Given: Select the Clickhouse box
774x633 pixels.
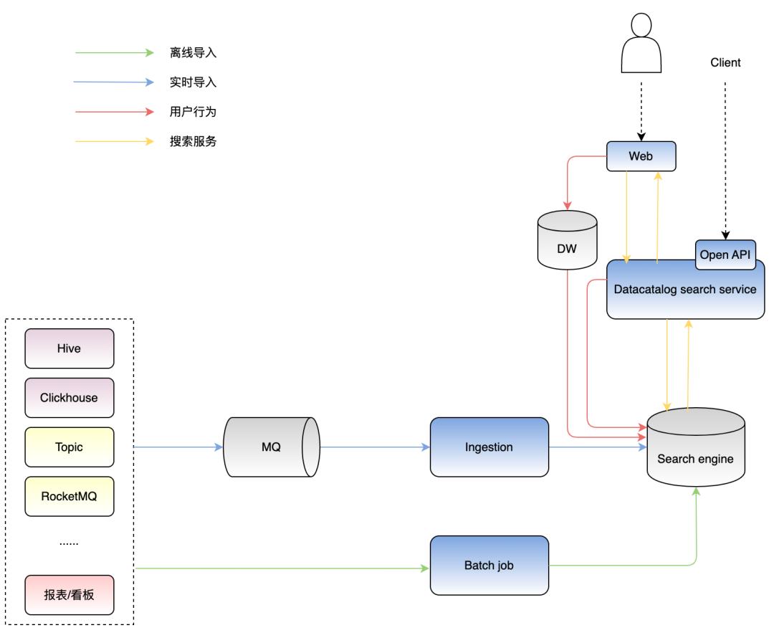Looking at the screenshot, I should (70, 397).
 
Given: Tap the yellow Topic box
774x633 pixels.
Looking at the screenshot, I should (70, 447).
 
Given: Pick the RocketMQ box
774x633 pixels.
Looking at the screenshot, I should (70, 495).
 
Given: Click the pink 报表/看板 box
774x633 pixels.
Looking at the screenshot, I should (70, 594).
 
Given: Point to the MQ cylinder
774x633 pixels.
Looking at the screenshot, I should (272, 447).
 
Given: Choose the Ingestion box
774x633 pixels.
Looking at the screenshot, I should (489, 447).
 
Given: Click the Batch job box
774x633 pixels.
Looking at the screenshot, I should (489, 565).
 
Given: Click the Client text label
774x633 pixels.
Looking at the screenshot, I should (725, 63).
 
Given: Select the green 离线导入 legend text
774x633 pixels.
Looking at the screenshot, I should (193, 52).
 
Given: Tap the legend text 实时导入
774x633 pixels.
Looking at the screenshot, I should (193, 82).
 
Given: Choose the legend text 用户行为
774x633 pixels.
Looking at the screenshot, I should (193, 112).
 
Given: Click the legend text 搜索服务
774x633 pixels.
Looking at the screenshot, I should (193, 142).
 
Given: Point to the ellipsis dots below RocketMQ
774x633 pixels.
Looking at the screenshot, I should (69, 543).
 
